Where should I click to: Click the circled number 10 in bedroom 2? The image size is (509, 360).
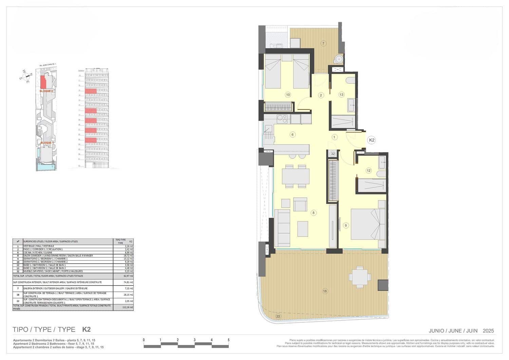[x=288, y=95]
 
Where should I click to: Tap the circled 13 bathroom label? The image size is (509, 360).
[x=341, y=95]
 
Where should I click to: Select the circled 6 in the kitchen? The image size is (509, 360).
[x=293, y=134]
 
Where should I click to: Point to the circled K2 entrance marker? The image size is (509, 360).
[x=372, y=140]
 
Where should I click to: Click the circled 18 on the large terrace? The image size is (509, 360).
[x=325, y=291]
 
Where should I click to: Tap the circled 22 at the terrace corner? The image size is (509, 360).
[x=278, y=316]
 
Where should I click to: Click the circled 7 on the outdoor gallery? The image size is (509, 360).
[x=323, y=43]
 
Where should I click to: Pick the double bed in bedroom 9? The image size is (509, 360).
[x=365, y=224]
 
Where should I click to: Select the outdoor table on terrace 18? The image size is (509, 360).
[x=359, y=277]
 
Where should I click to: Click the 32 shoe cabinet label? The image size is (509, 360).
[x=333, y=154]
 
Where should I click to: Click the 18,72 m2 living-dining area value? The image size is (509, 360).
[x=129, y=255]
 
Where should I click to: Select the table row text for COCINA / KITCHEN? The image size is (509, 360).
[x=38, y=252]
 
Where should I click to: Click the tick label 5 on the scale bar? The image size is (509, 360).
[x=228, y=340]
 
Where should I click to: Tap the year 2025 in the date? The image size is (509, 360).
[x=488, y=331]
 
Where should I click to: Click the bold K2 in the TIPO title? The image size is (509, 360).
[x=86, y=329]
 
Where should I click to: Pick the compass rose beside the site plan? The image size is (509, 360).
[x=26, y=76]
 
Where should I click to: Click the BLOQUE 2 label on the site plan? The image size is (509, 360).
[x=46, y=91]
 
